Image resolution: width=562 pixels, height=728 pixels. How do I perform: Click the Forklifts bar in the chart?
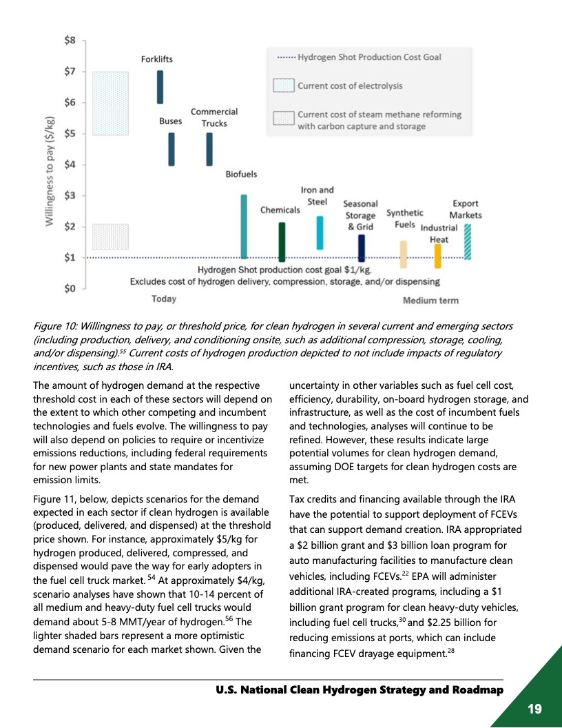160,87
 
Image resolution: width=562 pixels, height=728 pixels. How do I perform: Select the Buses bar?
171,149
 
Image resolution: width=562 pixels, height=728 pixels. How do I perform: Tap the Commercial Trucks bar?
209,149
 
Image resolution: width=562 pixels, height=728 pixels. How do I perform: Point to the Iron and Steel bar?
320,233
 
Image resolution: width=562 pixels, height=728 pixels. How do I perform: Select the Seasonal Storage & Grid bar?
362,248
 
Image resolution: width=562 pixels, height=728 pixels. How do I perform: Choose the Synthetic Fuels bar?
404,254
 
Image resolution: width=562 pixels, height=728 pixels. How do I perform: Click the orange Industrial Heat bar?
437,256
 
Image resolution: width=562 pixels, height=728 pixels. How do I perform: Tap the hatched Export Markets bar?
468,241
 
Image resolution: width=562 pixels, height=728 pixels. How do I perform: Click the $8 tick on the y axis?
70,41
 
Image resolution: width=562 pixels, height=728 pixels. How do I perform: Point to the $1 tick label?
70,258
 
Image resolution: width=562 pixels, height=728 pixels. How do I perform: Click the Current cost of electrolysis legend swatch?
283,86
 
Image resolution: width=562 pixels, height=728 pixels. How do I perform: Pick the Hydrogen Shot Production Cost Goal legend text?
369,57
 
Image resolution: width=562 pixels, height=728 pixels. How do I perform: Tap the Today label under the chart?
164,299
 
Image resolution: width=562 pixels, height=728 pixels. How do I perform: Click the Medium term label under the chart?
430,301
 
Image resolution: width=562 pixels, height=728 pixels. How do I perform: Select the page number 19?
534,709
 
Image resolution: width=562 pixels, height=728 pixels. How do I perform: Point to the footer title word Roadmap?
471,690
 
